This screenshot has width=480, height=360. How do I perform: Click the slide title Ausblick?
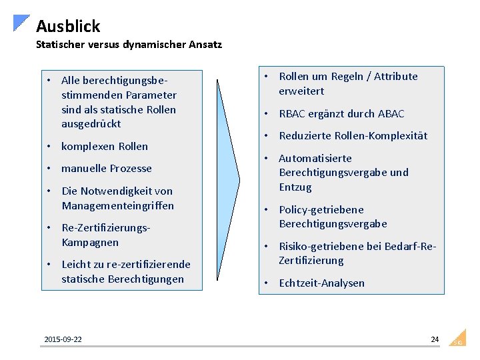click(68, 26)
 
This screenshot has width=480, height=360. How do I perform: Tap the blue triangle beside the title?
click(21, 22)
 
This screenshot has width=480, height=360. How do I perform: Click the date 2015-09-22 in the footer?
click(63, 340)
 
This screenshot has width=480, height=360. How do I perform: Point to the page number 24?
click(435, 339)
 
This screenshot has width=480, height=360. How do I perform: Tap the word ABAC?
click(391, 114)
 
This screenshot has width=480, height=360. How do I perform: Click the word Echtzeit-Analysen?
click(321, 283)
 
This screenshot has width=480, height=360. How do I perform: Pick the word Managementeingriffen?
click(118, 206)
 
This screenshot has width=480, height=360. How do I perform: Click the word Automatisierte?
click(315, 159)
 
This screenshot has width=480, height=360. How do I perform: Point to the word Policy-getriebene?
click(321, 210)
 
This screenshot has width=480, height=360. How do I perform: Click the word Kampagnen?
click(90, 243)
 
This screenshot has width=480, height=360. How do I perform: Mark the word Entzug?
click(295, 187)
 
